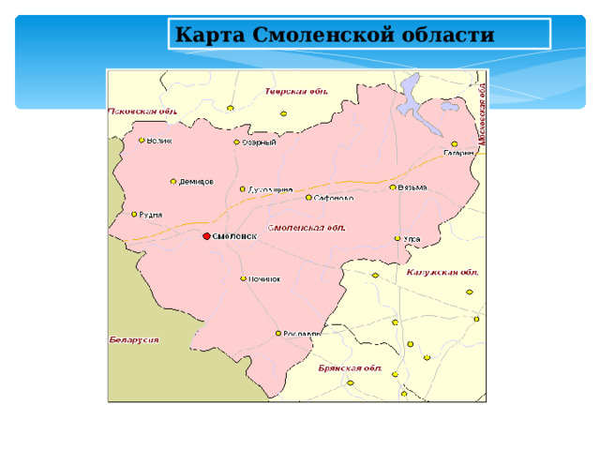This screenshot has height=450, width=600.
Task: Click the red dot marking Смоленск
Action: tap(207, 236)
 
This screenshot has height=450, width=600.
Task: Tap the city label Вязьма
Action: tap(412, 187)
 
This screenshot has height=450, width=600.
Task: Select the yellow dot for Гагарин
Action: tap(455, 143)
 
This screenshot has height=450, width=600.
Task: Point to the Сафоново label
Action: tap(335, 199)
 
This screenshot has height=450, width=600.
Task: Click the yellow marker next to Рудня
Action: tap(134, 214)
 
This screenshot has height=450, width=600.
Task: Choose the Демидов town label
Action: tap(197, 181)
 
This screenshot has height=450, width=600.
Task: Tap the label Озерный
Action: tap(260, 142)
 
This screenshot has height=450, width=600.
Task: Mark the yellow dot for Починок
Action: tap(244, 278)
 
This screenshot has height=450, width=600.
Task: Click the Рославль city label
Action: tap(302, 333)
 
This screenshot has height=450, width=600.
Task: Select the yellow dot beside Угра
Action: tap(397, 238)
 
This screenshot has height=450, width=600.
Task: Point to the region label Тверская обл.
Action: tap(295, 92)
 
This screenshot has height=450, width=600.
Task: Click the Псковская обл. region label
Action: tap(143, 110)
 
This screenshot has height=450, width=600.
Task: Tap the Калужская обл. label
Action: tap(442, 272)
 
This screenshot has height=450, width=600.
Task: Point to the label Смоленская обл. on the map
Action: tap(307, 228)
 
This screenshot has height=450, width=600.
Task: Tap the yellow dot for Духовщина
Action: tap(242, 188)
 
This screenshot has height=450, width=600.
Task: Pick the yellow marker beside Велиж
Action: tap(142, 141)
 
